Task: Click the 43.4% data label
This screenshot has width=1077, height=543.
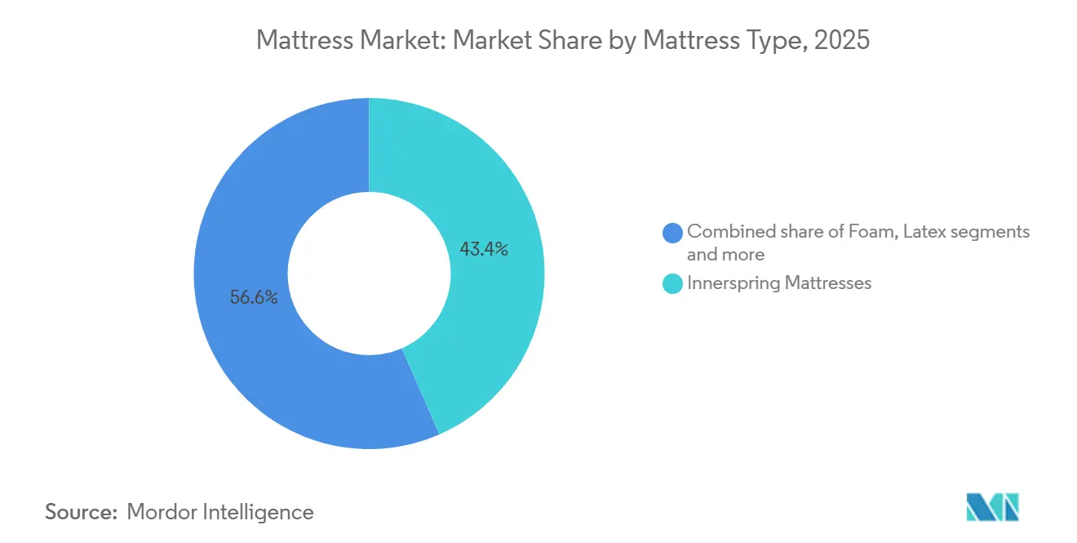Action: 484,249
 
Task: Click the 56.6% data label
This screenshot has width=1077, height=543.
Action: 254,297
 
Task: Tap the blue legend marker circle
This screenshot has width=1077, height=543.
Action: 672,233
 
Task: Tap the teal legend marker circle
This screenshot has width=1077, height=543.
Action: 672,283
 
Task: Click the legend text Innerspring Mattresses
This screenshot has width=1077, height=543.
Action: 779,283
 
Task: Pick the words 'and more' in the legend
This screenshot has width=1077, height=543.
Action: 725,254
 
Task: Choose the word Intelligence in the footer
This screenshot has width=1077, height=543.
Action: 258,513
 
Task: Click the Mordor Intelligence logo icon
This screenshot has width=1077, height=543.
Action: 992,507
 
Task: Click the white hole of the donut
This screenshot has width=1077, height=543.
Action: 369,274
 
